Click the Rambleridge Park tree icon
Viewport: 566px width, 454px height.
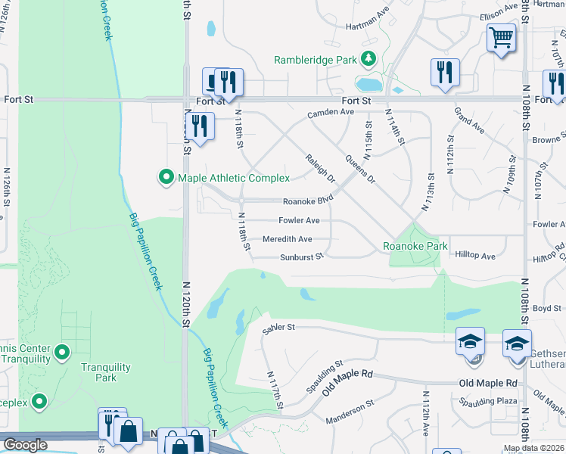pos(369,58)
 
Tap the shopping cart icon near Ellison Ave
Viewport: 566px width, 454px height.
pos(501,37)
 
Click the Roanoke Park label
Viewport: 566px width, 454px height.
pos(415,246)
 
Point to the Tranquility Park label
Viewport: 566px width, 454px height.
pos(106,372)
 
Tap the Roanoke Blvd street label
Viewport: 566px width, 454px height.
pos(308,201)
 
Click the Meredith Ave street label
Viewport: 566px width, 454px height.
pos(287,239)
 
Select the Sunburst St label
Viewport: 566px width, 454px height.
pos(301,257)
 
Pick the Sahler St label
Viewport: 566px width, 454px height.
pos(278,328)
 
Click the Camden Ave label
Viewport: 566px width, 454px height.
pos(330,113)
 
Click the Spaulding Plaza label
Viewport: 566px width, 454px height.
pos(491,400)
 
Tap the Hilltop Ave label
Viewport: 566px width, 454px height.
pos(475,257)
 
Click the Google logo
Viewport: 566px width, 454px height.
pos(25,445)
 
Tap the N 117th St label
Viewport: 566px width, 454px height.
pos(275,390)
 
